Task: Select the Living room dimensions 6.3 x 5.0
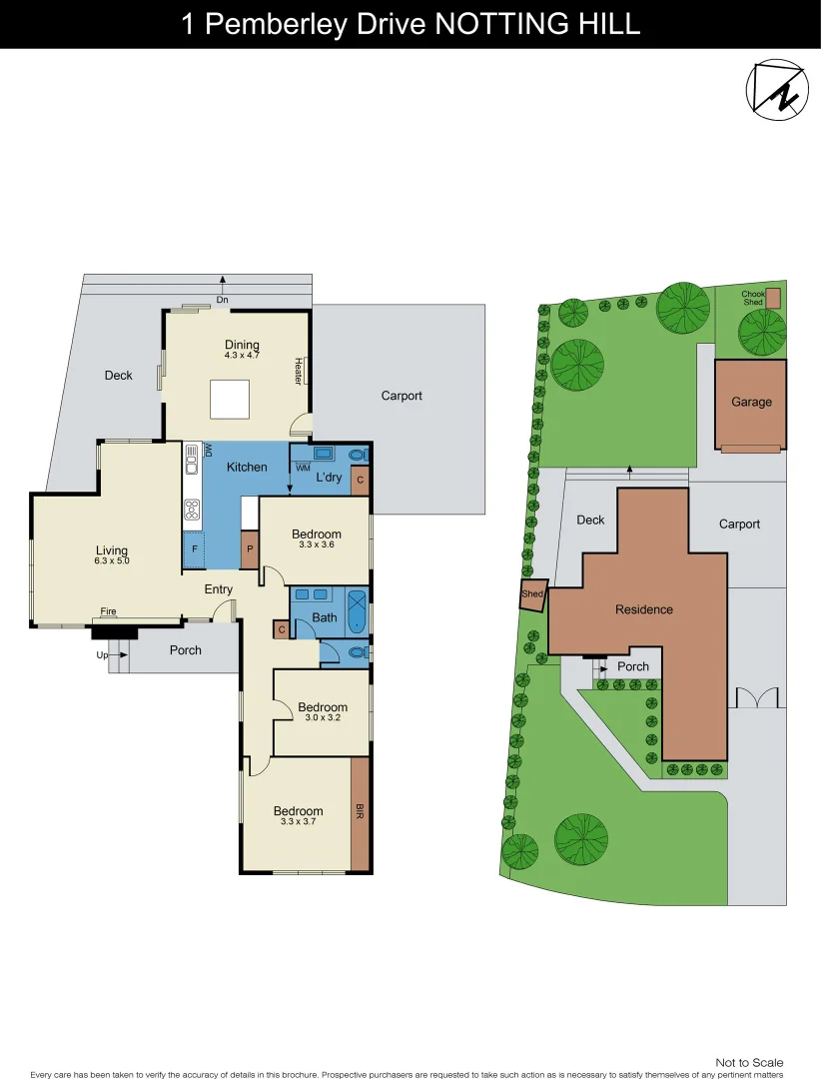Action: (112, 561)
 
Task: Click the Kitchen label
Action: (247, 467)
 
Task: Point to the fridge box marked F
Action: (194, 548)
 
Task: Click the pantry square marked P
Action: (249, 548)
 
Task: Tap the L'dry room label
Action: (329, 478)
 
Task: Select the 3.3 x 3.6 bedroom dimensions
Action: (316, 544)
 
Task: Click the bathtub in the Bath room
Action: (357, 611)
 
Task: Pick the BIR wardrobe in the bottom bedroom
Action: (360, 813)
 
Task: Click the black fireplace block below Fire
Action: (114, 630)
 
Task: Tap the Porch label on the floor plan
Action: (186, 650)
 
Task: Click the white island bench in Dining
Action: (229, 400)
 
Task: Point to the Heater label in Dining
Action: (298, 372)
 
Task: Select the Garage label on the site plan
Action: (751, 402)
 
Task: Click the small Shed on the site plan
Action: (533, 594)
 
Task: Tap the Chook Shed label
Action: (752, 298)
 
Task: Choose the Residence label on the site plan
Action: (643, 609)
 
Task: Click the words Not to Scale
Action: (749, 1062)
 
